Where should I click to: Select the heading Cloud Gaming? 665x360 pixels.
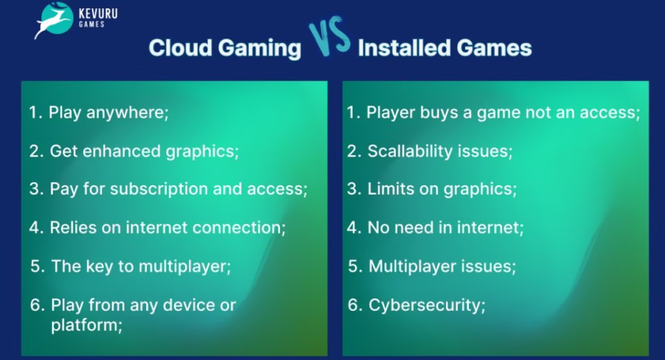225,48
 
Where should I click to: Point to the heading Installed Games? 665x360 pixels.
445,48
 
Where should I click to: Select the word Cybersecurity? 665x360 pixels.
425,305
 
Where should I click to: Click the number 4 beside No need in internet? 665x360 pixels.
352,227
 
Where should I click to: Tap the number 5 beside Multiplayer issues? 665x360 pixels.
353,266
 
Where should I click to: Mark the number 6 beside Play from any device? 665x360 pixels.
35,305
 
